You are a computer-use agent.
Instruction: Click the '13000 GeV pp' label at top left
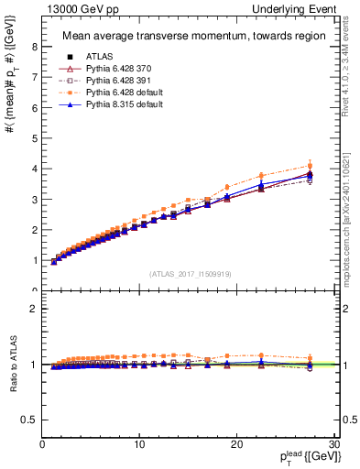pos(71,8)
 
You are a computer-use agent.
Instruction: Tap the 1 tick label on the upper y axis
pos(35,261)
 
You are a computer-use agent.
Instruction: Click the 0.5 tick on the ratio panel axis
pos(30,420)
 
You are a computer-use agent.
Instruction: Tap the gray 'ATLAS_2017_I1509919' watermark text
pos(189,273)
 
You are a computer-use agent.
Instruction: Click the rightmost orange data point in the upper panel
pos(310,166)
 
